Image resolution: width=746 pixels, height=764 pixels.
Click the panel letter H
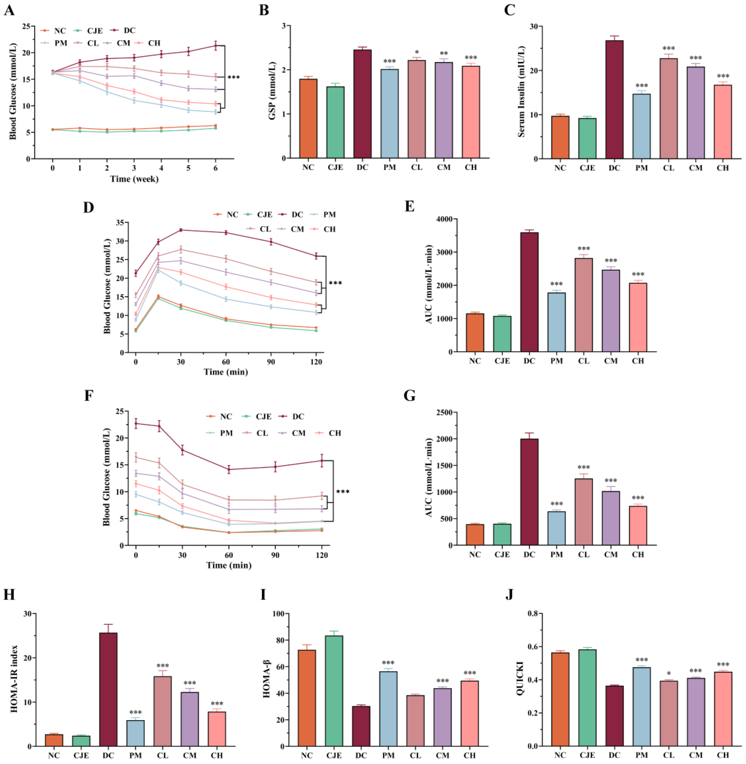pyautogui.click(x=9, y=594)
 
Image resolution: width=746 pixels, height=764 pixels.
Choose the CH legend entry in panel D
pyautogui.click(x=325, y=229)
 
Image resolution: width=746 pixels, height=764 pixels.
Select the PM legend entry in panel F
pyautogui.click(x=222, y=433)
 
